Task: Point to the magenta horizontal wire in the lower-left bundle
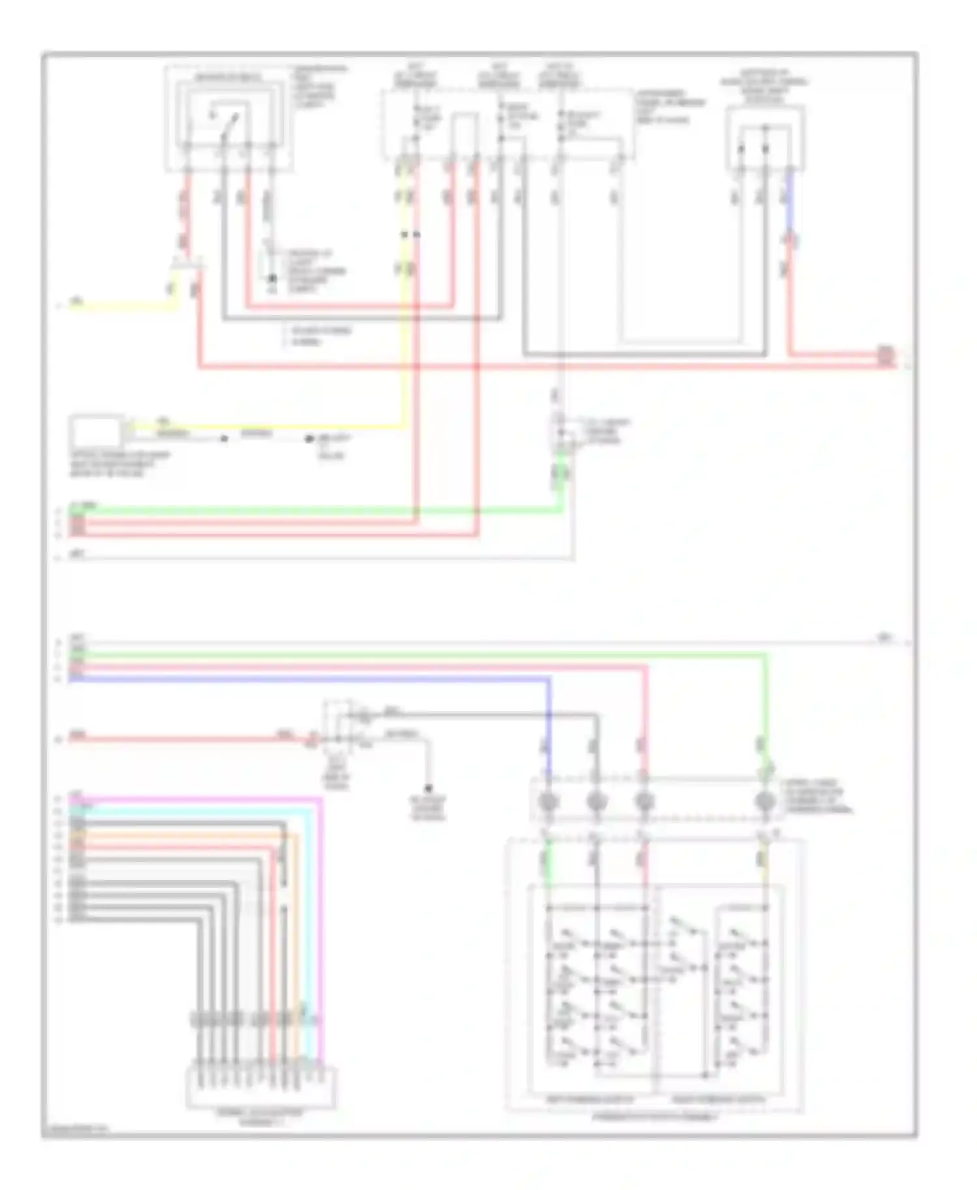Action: (195, 798)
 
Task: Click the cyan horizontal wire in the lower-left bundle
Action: (195, 810)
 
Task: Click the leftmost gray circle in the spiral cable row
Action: (548, 801)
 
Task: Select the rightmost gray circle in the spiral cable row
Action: (765, 801)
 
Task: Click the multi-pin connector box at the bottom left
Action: (261, 1086)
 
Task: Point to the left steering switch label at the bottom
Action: (589, 1099)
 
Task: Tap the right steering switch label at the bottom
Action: (718, 1099)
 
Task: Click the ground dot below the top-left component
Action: (273, 279)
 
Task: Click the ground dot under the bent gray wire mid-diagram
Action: (429, 788)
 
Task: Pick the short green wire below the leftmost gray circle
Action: (548, 859)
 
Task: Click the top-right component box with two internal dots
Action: (765, 140)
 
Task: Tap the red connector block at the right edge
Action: (885, 356)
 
